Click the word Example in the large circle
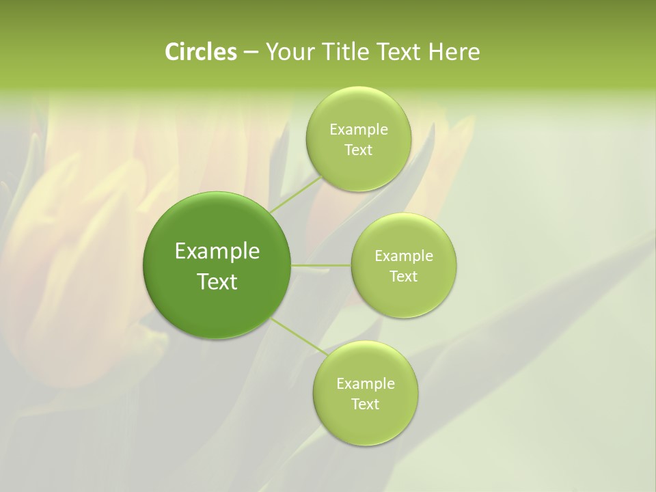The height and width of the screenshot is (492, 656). coord(217,251)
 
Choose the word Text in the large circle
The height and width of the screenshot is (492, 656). coord(217,282)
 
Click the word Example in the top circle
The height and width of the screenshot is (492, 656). coord(358,130)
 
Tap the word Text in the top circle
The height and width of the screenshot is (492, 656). coord(358,150)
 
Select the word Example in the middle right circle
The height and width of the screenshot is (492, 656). coord(404,256)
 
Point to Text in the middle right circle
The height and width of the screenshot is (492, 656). coord(404,277)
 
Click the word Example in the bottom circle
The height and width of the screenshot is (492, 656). coord(365,384)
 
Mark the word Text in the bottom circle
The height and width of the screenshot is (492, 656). coord(365,405)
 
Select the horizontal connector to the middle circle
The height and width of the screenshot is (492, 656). coord(320,265)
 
